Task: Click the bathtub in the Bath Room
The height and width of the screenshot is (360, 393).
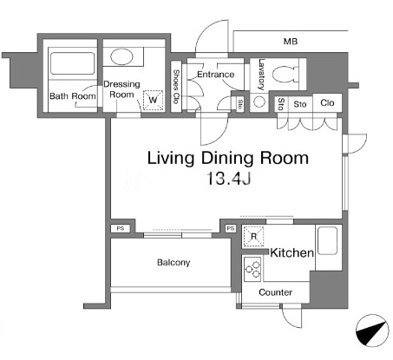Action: [x=72, y=63]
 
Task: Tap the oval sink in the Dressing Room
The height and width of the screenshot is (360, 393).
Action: [x=122, y=56]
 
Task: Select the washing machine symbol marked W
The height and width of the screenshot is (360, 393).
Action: [x=153, y=100]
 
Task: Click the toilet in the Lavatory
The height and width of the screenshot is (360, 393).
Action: [x=285, y=74]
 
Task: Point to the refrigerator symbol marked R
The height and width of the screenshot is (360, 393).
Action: [x=253, y=237]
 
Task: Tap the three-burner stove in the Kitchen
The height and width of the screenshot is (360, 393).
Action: [x=252, y=269]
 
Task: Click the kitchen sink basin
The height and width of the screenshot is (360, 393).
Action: [x=327, y=240]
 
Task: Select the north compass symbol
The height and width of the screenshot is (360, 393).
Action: [x=372, y=331]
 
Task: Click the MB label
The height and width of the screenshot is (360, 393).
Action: [x=291, y=42]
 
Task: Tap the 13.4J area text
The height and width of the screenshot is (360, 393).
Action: [x=228, y=178]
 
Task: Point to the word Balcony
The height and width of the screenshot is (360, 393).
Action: [x=174, y=263]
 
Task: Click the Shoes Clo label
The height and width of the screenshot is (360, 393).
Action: [x=176, y=86]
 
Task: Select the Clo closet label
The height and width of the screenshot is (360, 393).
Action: [x=327, y=102]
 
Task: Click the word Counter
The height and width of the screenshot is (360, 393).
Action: [x=275, y=292]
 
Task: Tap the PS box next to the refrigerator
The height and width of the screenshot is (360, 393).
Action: [x=231, y=228]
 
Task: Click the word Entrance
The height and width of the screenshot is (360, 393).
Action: [x=215, y=75]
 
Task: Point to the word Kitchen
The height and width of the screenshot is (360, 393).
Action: [x=291, y=252]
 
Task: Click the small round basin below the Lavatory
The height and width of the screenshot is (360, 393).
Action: [x=259, y=101]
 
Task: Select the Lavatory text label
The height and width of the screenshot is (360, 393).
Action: [x=261, y=75]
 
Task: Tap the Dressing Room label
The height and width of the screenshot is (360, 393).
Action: [x=121, y=89]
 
